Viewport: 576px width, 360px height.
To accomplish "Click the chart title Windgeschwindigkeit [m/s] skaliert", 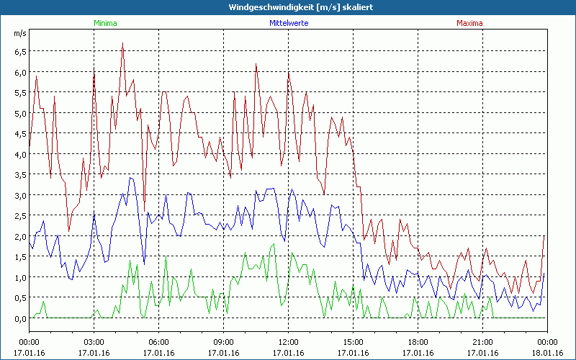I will (x=287, y=6).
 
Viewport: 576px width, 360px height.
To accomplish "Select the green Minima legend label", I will (x=104, y=23).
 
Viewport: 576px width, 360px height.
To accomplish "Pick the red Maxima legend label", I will (x=469, y=23).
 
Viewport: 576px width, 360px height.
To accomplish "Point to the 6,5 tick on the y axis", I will (x=19, y=52).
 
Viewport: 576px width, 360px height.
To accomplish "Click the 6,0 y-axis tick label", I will (x=19, y=72).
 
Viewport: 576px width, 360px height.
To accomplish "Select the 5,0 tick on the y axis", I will (x=19, y=113).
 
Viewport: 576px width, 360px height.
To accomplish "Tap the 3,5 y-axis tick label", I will (x=19, y=175).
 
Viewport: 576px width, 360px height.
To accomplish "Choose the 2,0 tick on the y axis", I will (x=19, y=236).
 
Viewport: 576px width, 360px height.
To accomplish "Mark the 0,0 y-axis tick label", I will (x=19, y=318).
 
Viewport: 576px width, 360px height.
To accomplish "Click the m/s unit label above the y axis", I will (x=19, y=33).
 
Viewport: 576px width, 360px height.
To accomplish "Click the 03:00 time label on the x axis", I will (x=94, y=342).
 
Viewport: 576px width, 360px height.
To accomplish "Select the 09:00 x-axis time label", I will (x=223, y=342).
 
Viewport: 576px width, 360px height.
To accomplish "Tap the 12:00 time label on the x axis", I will (x=288, y=342).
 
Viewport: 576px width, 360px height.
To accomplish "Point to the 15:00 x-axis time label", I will (x=353, y=342).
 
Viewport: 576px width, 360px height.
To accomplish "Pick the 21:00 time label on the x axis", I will (x=482, y=342).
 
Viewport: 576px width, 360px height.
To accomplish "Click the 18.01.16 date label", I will (x=547, y=353).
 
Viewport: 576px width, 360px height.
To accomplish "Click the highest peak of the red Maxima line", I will (x=122, y=42).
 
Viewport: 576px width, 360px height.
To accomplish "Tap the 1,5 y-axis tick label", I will (x=19, y=257).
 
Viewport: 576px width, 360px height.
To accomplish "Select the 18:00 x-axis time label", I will (x=418, y=342).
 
